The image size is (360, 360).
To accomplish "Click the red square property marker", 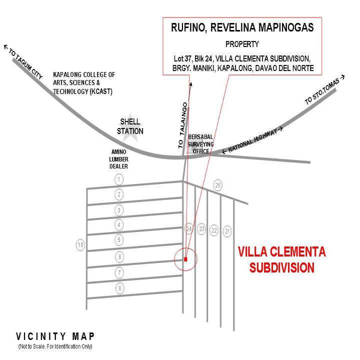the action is tap(185, 259).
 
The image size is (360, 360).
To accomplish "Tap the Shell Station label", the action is tap(130, 126).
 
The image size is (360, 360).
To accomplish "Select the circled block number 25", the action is tap(217, 185).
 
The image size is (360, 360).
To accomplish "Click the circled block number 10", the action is tap(80, 244).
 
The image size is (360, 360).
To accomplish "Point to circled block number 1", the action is tap(119, 179).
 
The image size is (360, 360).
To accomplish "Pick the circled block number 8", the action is tap(119, 288).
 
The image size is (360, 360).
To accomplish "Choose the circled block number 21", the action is tap(227, 231).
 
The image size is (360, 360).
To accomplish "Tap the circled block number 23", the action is tap(201, 228).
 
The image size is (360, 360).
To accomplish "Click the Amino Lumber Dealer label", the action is tap(118, 159).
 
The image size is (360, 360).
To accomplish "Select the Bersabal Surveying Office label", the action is tap(200, 144).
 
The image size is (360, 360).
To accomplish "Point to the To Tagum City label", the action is tap(23, 62).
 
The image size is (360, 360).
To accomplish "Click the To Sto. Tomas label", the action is tap(324, 90).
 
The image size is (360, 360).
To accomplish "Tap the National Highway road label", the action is tap(252, 140).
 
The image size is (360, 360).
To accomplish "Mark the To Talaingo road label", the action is tap(183, 125).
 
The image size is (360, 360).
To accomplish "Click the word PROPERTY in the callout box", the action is tap(242, 44).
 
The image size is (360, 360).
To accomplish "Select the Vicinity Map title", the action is tap(55, 336).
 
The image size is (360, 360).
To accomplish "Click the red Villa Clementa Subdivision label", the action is tap(281, 259).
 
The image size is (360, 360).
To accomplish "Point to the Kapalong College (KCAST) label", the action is tap(84, 83).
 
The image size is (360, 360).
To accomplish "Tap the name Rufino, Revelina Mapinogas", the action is tap(242, 27).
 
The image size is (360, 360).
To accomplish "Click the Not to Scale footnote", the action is tap(55, 346).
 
